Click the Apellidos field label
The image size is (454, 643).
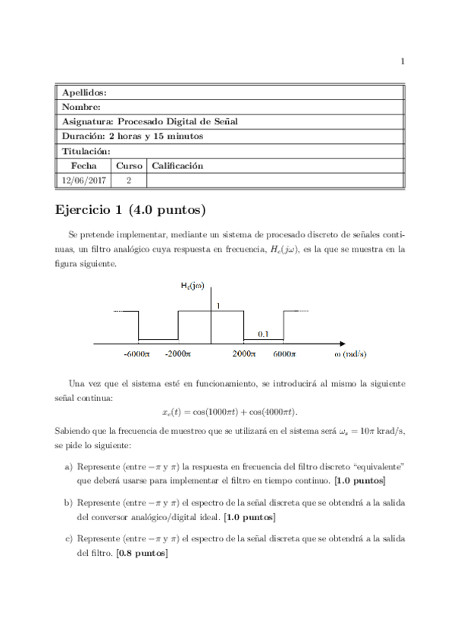point(84,92)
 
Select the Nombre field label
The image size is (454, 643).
point(80,107)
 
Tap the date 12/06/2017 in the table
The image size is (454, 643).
point(84,180)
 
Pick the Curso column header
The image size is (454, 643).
point(129,165)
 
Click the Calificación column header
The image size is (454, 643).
point(177,165)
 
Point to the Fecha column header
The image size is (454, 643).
point(84,165)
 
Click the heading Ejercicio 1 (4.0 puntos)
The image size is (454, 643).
point(131,209)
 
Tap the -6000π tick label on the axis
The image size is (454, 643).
point(137,353)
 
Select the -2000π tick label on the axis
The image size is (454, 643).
point(178,353)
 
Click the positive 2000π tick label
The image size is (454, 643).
point(244,353)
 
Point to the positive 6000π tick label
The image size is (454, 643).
point(283,353)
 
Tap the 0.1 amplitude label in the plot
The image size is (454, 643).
point(264,333)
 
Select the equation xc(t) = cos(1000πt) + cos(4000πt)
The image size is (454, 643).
point(230,411)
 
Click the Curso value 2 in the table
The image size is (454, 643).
point(129,180)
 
